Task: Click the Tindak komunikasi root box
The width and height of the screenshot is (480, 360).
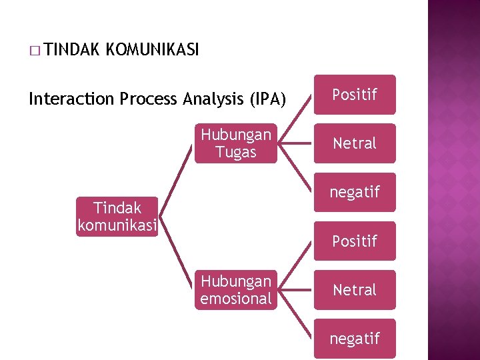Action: tap(117, 217)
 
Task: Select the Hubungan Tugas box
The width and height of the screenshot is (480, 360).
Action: tap(236, 143)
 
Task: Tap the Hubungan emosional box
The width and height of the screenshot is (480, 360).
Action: tap(236, 290)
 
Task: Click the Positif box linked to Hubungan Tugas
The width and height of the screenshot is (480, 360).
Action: tap(355, 95)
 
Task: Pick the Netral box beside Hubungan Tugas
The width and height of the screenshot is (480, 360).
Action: tap(355, 143)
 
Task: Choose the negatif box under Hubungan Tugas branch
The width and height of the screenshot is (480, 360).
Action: tap(355, 192)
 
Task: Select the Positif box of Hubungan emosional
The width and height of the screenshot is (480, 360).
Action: tap(355, 241)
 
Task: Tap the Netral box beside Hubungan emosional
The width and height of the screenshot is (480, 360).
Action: tap(355, 290)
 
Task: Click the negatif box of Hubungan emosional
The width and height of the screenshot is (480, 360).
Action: tap(355, 339)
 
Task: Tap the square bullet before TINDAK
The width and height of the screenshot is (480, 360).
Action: tap(33, 50)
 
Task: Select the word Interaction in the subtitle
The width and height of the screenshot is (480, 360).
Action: tap(72, 99)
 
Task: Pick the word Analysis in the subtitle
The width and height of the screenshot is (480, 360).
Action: tap(207, 99)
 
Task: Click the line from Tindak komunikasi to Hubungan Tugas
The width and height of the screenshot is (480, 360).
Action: tap(177, 180)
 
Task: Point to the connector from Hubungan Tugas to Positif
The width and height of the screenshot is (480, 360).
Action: tap(295, 119)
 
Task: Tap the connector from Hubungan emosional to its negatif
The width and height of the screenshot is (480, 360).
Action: tap(295, 314)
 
